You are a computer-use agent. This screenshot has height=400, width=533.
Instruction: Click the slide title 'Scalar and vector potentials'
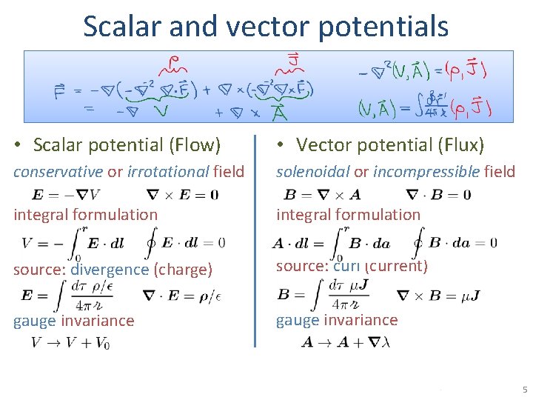266,26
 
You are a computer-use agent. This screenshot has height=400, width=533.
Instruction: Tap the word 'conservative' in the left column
58,172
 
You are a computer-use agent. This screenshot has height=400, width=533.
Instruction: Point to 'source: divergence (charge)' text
113,270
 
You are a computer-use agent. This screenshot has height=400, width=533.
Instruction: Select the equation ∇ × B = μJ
439,296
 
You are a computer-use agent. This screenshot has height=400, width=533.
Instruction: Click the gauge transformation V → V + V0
70,344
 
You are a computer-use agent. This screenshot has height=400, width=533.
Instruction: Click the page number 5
524,390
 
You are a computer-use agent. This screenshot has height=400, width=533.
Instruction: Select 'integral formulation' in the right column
348,215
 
